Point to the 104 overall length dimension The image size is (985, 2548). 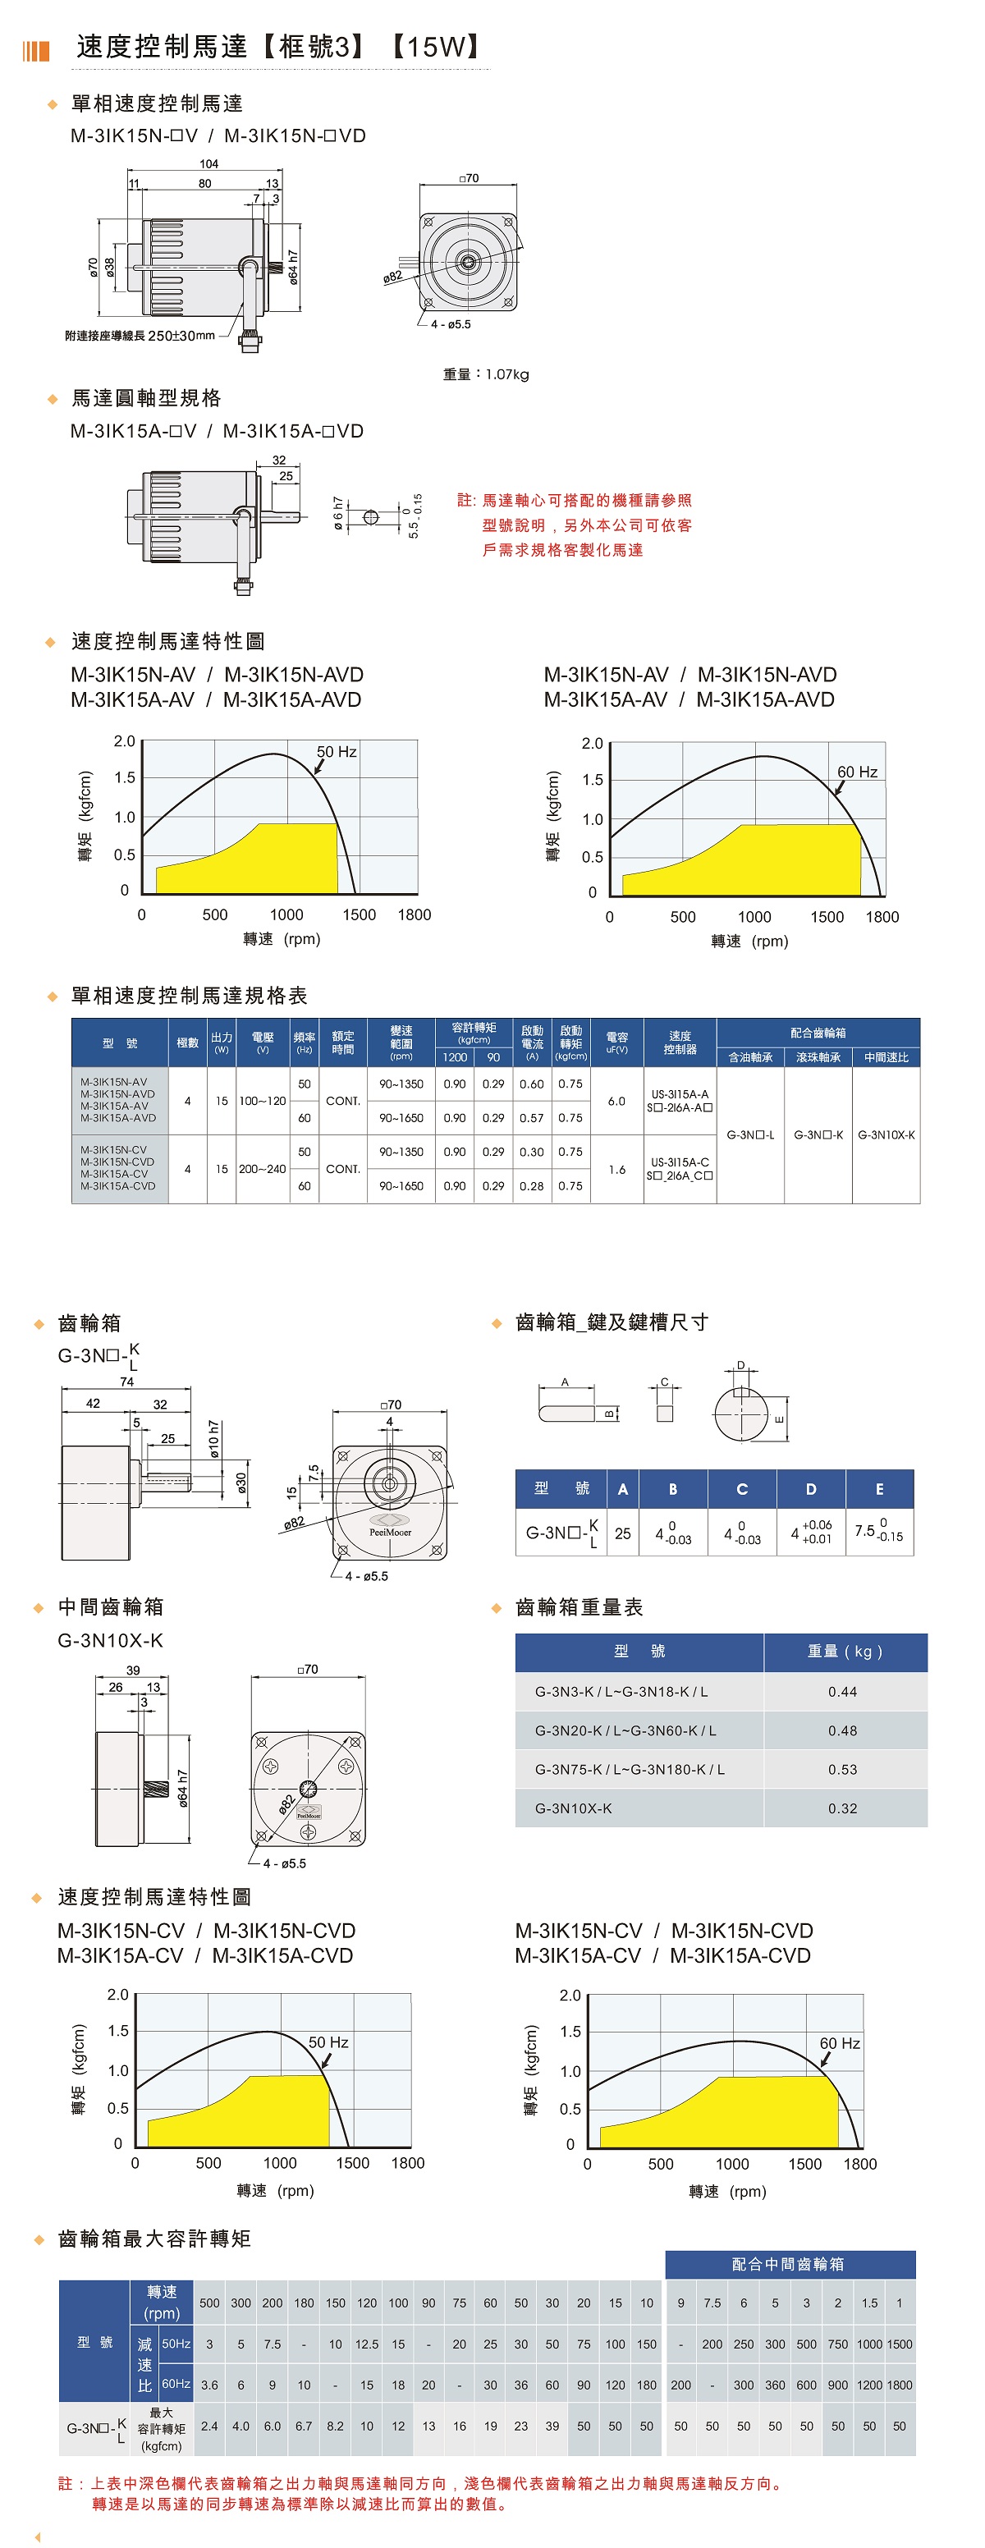click(208, 164)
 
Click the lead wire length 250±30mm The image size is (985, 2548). click(181, 335)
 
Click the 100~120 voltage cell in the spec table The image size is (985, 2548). click(262, 1101)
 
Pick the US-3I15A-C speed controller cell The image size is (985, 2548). click(680, 1162)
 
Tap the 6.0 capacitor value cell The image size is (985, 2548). click(616, 1101)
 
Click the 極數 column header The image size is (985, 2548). click(187, 1043)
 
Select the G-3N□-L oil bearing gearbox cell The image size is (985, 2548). click(750, 1134)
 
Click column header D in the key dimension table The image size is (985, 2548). click(811, 1488)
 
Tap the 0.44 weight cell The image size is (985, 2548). click(843, 1691)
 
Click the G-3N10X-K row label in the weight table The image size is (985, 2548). click(574, 1808)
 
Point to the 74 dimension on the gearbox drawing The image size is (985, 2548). click(126, 1382)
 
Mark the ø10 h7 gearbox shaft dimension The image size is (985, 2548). click(214, 1439)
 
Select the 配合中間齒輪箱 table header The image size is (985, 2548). click(787, 2264)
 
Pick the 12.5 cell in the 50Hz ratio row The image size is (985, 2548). click(367, 2344)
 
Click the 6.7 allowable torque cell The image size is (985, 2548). click(304, 2427)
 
